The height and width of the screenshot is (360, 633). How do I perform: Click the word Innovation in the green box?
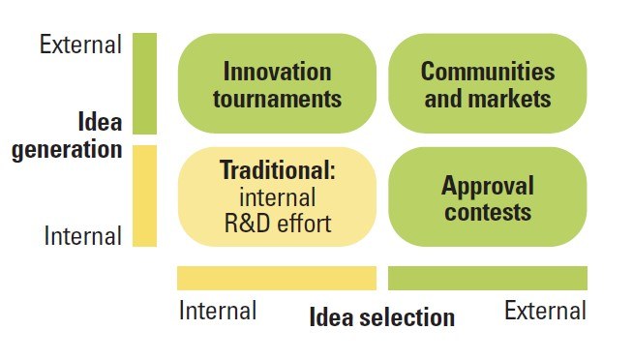(278, 72)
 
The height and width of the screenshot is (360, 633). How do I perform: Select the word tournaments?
(278, 99)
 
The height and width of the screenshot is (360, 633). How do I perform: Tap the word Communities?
(488, 72)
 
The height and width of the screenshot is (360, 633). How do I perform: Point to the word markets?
(510, 99)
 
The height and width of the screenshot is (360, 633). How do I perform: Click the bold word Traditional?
(278, 170)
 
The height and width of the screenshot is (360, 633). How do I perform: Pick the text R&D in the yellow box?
(247, 224)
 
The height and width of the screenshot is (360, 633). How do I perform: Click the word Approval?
(488, 187)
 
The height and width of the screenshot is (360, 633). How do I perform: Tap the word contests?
(488, 213)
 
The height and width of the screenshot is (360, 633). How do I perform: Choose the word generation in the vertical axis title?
(67, 149)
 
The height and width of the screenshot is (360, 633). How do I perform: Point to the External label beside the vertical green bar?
(80, 45)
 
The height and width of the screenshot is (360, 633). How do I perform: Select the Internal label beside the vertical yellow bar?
(83, 236)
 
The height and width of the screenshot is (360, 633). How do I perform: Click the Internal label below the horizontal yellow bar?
(218, 311)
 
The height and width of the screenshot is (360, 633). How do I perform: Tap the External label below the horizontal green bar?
(545, 311)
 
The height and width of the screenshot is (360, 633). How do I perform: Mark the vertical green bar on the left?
(144, 83)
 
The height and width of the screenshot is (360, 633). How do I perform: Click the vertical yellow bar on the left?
(144, 195)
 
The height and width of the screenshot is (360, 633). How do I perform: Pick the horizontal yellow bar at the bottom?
(277, 278)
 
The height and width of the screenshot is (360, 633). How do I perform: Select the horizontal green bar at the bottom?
(488, 278)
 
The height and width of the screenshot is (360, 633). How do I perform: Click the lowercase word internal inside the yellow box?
(278, 197)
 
